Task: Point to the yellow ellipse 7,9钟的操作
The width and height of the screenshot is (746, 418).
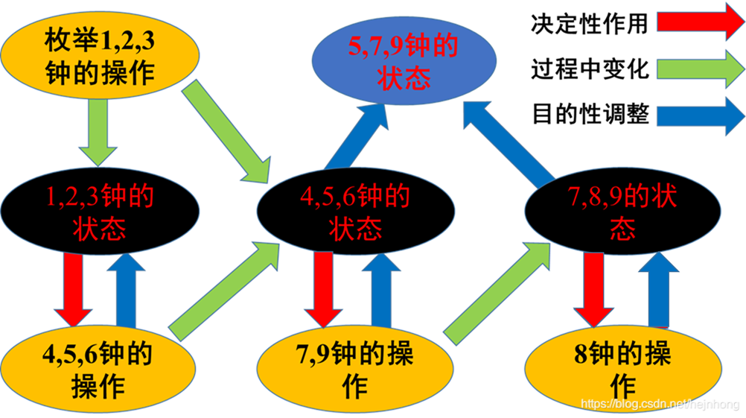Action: coord(355,371)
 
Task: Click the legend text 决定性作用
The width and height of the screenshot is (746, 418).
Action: coord(590,23)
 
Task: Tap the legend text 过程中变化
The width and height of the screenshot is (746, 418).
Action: coord(590,69)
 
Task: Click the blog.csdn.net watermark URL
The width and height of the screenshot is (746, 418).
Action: coord(659,404)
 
